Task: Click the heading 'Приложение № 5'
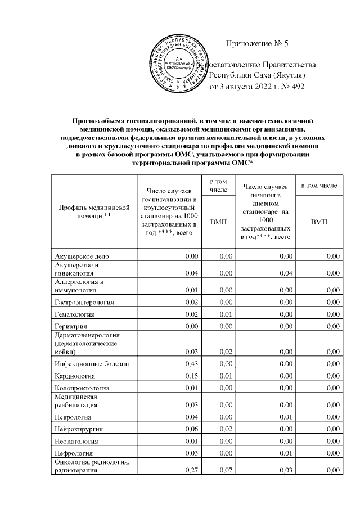pyautogui.click(x=256, y=44)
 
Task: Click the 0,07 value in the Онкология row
pyautogui.click(x=225, y=471)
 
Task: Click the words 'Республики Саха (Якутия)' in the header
pyautogui.click(x=257, y=76)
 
